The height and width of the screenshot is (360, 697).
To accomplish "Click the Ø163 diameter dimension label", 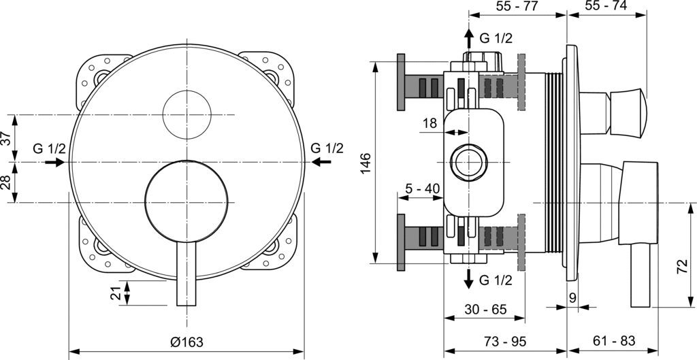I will coord(187,342).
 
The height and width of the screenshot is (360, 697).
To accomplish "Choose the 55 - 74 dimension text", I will coord(606,7).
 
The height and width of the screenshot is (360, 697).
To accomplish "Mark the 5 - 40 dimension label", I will coord(422,189).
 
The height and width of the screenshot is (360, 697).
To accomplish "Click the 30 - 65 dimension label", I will coord(486,310).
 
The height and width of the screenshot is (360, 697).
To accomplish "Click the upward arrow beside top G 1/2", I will coord(468,38).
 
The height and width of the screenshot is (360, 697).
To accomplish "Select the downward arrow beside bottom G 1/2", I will coord(468,278).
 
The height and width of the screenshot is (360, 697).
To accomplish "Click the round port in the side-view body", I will coord(468,162).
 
